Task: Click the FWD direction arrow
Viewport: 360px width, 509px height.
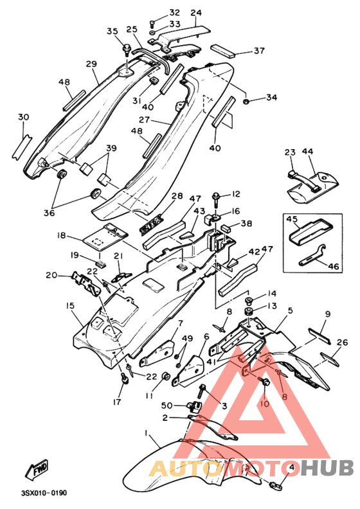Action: click(37, 469)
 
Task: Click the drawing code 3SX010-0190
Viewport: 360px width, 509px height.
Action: click(44, 493)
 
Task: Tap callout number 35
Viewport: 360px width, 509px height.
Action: click(113, 31)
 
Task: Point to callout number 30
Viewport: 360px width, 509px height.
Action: click(23, 117)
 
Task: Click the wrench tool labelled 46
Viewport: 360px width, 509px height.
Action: click(312, 255)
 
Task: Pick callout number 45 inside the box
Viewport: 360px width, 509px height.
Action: click(292, 219)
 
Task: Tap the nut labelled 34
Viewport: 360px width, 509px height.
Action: click(246, 102)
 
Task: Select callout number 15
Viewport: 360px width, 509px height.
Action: click(70, 306)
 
